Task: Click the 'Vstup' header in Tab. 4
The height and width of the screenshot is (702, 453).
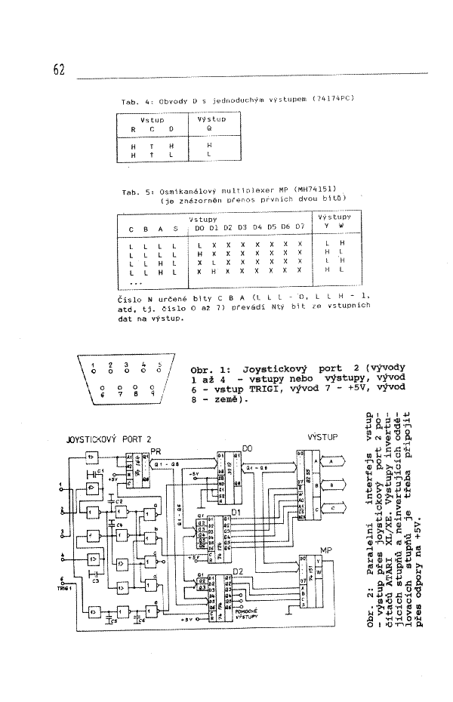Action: coord(153,119)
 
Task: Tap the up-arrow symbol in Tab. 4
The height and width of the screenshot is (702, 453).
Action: coord(152,155)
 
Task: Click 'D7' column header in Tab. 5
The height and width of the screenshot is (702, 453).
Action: coord(300,227)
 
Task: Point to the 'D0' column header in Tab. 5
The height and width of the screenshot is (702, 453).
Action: coord(199,227)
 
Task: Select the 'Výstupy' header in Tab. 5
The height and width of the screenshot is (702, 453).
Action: coord(332,217)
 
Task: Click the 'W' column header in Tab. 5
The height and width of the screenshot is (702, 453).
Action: coord(341,226)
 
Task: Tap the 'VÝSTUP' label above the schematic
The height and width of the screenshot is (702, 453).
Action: coord(322,437)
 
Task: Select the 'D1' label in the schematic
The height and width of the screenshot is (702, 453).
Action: coord(236,513)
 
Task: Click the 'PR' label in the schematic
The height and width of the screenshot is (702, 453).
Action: coord(156,451)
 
